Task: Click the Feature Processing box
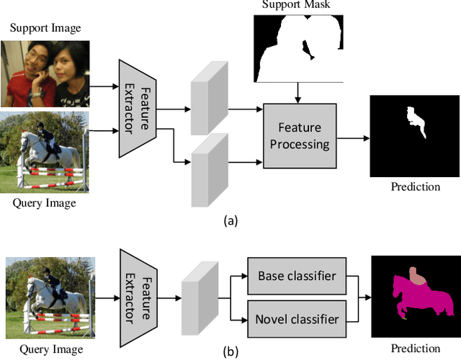coord(300,135)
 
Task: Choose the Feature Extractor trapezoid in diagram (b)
coord(139,293)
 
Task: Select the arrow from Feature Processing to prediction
coord(353,136)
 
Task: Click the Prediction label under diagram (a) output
coord(415,186)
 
